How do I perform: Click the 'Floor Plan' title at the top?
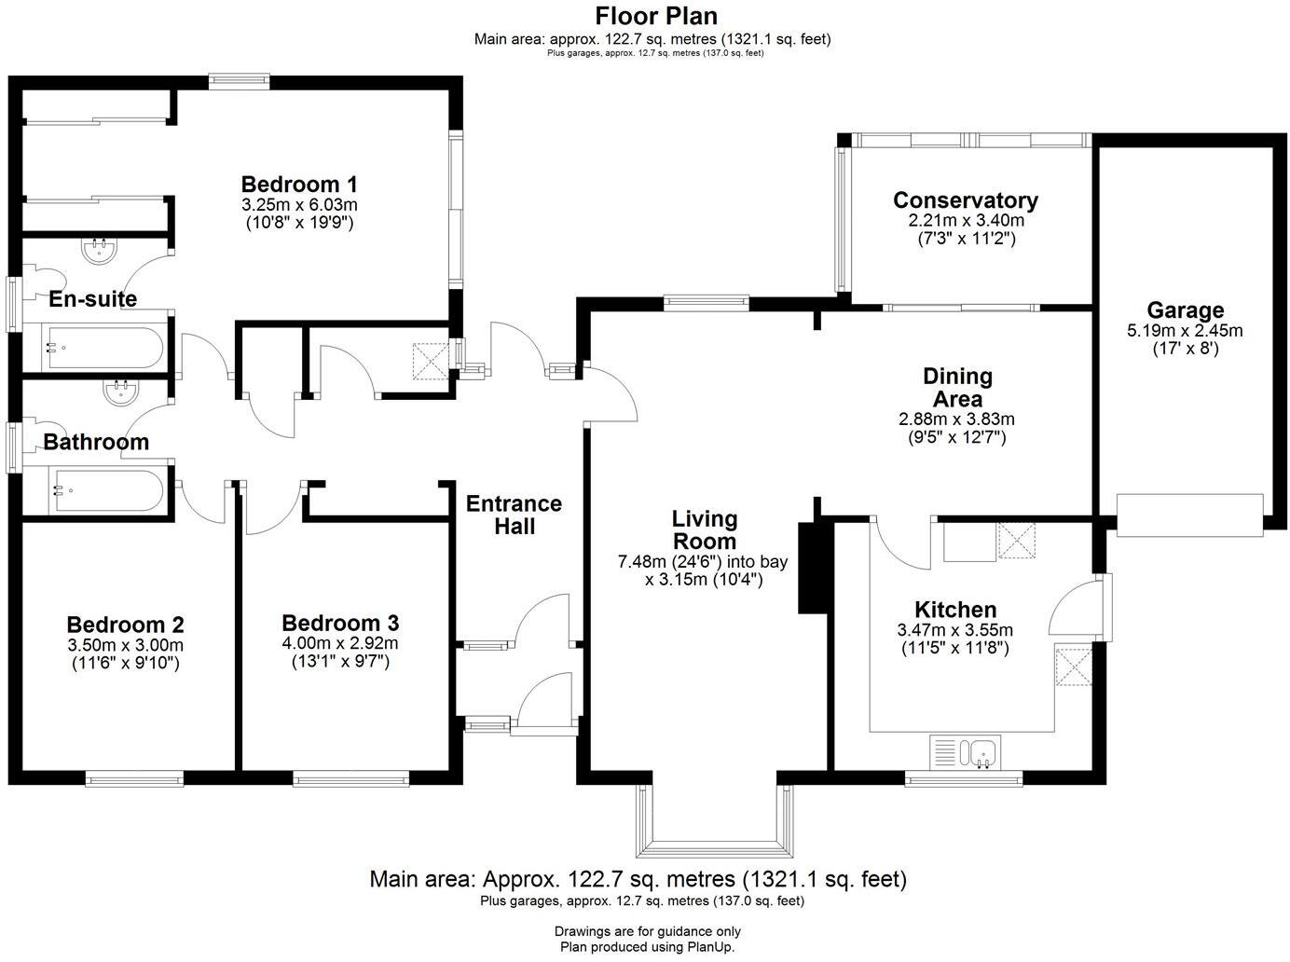click(x=656, y=16)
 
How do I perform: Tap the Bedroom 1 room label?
click(x=299, y=184)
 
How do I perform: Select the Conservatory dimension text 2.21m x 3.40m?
click(x=966, y=221)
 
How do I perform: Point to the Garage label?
click(x=1185, y=310)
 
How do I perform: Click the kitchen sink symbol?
click(x=966, y=750)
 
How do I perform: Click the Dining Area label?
click(x=957, y=388)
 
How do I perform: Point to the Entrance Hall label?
click(x=514, y=515)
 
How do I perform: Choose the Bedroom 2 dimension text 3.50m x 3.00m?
click(x=125, y=645)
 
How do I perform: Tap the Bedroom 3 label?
click(x=340, y=623)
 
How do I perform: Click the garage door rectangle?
click(x=1189, y=515)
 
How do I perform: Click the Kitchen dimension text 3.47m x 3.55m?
click(x=954, y=630)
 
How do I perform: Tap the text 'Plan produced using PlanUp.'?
click(x=647, y=947)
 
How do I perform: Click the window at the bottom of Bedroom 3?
click(x=350, y=777)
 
